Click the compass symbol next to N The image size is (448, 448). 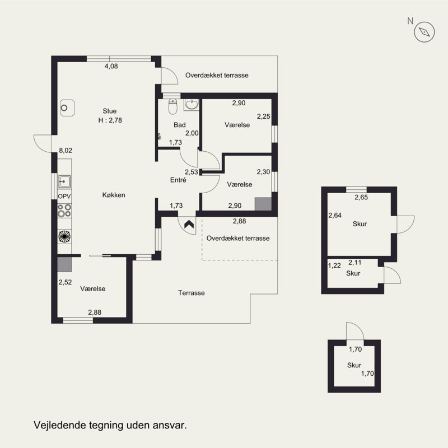[424, 32]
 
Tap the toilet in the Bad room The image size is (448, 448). [172, 106]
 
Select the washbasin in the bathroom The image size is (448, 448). [191, 105]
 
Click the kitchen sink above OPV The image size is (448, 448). [64, 181]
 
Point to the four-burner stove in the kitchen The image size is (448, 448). [64, 211]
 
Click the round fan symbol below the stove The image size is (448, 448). [64, 236]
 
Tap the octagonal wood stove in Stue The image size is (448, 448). [67, 108]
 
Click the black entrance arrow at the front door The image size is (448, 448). [189, 225]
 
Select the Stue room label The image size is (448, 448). [110, 111]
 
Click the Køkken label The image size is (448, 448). [114, 195]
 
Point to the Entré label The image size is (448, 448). [178, 180]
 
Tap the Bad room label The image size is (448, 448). [180, 125]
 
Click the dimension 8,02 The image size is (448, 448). [66, 150]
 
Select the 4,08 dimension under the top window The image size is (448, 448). [111, 66]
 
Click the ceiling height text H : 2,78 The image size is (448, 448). [110, 120]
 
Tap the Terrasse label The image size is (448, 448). [192, 293]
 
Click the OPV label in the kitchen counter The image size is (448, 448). [64, 197]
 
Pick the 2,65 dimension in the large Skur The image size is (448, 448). [361, 197]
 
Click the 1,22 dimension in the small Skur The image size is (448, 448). [334, 265]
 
